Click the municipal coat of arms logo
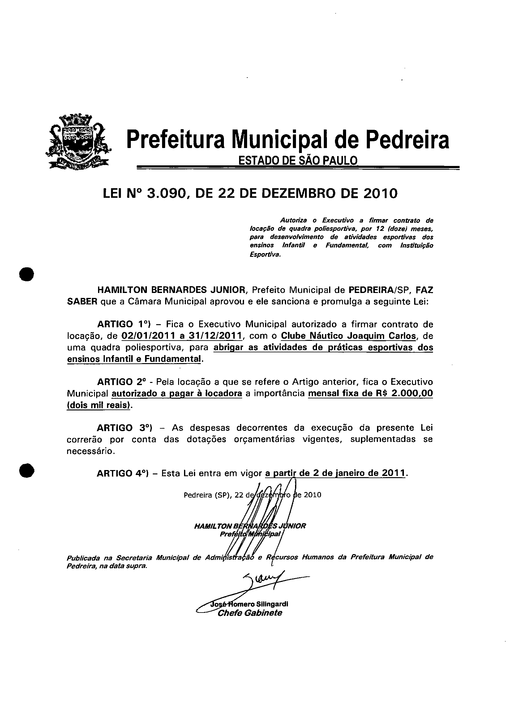pos(77,142)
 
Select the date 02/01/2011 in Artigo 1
pos(149,336)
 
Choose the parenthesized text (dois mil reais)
pos(98,405)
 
